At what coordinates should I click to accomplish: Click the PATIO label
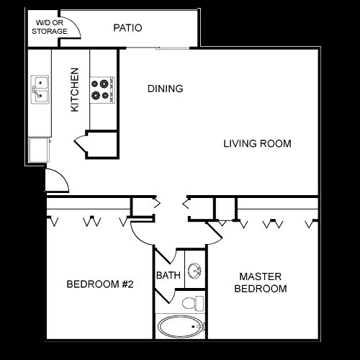coord(127,28)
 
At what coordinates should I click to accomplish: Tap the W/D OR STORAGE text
coord(50,27)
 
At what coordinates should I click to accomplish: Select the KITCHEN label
coord(75,90)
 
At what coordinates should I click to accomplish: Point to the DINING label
coord(166,89)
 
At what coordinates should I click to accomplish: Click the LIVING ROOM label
coord(258,143)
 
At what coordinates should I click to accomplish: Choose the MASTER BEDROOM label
coord(261,282)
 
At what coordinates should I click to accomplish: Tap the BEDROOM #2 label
coord(100,284)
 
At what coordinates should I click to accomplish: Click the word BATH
coord(168,275)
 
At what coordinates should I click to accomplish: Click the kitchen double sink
coord(40,89)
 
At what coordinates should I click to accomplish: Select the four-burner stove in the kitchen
coord(102,90)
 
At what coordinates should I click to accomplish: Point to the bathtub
coord(181,326)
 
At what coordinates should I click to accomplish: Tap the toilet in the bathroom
coord(193,303)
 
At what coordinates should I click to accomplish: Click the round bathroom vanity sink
coord(194,271)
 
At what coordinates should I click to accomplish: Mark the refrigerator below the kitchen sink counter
coord(40,150)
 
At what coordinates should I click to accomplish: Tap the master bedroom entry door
coord(215,232)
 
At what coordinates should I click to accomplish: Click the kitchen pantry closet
coord(102,145)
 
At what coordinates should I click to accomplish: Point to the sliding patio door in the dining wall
coord(158,48)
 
